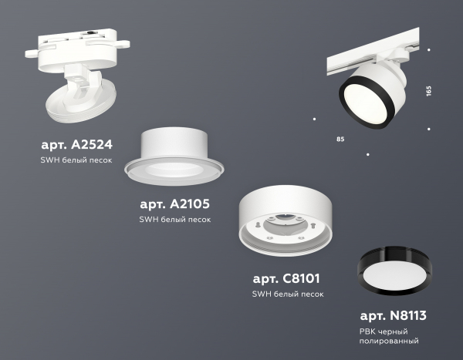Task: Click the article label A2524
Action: click(76, 145)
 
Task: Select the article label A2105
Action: click(175, 204)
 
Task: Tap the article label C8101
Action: click(286, 278)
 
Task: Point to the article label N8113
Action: click(393, 315)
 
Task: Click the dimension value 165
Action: click(429, 91)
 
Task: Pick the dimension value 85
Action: click(340, 139)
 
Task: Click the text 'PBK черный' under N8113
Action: click(384, 331)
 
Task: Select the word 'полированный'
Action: click(389, 341)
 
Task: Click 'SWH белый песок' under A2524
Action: click(76, 160)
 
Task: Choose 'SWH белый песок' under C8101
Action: click(288, 294)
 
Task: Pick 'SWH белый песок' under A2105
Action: click(175, 220)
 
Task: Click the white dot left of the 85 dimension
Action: click(315, 119)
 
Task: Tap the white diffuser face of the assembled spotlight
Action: click(365, 102)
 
